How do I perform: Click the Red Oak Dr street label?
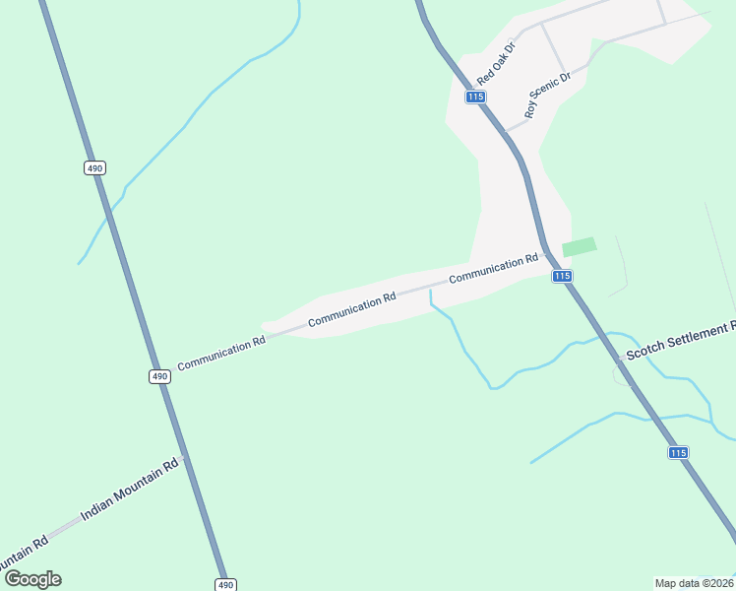click(x=497, y=63)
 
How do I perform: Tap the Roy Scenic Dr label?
click(x=548, y=96)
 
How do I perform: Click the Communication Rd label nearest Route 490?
click(x=221, y=355)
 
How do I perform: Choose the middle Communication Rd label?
click(x=351, y=309)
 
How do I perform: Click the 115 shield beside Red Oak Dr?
click(x=476, y=97)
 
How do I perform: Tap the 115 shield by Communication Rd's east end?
click(x=562, y=277)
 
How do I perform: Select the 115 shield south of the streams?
click(x=678, y=452)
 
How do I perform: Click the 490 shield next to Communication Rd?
click(x=159, y=376)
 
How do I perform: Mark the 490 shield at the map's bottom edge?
click(x=226, y=584)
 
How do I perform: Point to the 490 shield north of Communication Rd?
click(x=94, y=168)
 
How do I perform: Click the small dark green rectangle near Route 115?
click(x=580, y=246)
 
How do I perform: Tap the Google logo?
click(x=32, y=579)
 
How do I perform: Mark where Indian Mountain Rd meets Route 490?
click(x=184, y=458)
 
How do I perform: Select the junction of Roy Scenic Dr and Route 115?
click(x=505, y=131)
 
